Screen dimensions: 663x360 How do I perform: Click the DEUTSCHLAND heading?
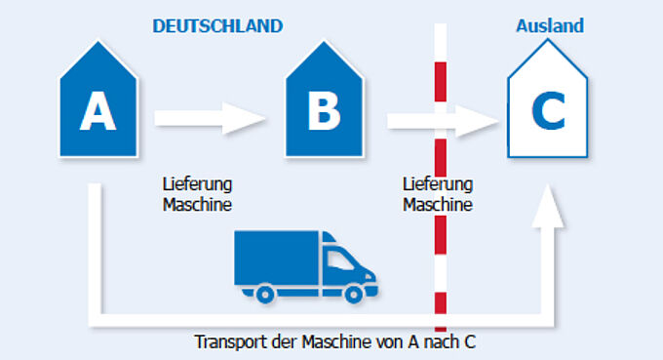pyautogui.click(x=217, y=26)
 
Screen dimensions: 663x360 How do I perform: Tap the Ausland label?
pyautogui.click(x=550, y=25)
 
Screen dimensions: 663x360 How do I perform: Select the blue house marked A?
pyautogui.click(x=98, y=100)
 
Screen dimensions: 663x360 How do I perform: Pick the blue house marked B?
pyautogui.click(x=325, y=100)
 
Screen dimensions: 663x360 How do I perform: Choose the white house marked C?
pyautogui.click(x=548, y=100)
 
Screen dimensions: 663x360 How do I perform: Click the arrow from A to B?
pyautogui.click(x=210, y=118)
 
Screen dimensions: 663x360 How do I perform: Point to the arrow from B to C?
pyautogui.click(x=443, y=121)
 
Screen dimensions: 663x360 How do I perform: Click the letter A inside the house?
pyautogui.click(x=98, y=111)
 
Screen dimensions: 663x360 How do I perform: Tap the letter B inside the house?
pyautogui.click(x=325, y=111)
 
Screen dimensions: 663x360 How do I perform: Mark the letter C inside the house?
pyautogui.click(x=548, y=111)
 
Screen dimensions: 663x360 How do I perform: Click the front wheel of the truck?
pyautogui.click(x=354, y=294)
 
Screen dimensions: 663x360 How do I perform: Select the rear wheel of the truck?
pyautogui.click(x=265, y=294)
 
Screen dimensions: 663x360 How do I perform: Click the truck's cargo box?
pyautogui.click(x=277, y=258)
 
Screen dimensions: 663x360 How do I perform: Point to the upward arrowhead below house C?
pyautogui.click(x=548, y=206)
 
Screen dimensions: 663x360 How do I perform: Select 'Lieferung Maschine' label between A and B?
pyautogui.click(x=198, y=194)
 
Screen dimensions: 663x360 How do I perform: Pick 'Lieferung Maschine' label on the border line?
pyautogui.click(x=438, y=194)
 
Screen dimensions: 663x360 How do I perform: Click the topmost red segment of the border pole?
pyautogui.click(x=441, y=82)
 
